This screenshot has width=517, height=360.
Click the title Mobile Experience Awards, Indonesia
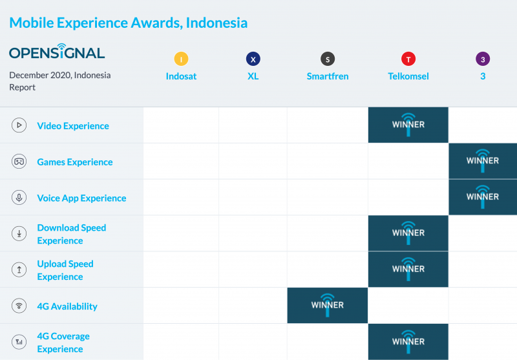coord(128,23)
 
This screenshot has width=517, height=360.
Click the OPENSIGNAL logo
coord(57,52)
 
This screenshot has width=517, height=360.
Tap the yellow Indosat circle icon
coord(181,59)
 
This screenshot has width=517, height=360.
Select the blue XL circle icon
coord(253,59)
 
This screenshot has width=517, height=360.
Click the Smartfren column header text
coord(328,76)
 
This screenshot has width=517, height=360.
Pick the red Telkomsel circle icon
coord(408,59)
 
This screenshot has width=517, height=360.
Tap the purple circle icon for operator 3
coord(483,59)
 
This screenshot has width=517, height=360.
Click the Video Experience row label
coord(73,125)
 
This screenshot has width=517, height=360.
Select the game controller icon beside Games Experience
coord(19,162)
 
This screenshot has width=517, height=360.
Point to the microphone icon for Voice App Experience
coord(19,198)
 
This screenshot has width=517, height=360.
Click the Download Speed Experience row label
coord(72,234)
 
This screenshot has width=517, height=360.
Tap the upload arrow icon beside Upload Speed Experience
coord(19,270)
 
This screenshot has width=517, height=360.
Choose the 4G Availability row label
coord(67,306)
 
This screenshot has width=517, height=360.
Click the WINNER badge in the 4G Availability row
coord(328,305)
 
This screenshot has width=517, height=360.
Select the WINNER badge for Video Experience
coord(408,125)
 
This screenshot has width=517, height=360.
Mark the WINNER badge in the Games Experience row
coord(483,161)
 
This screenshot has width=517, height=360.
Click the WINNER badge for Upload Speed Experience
coord(408,270)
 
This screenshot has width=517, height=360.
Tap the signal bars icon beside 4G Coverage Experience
coord(19,342)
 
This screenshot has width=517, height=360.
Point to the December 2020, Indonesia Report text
coord(59,81)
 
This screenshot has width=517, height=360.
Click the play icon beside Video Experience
coord(19,125)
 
